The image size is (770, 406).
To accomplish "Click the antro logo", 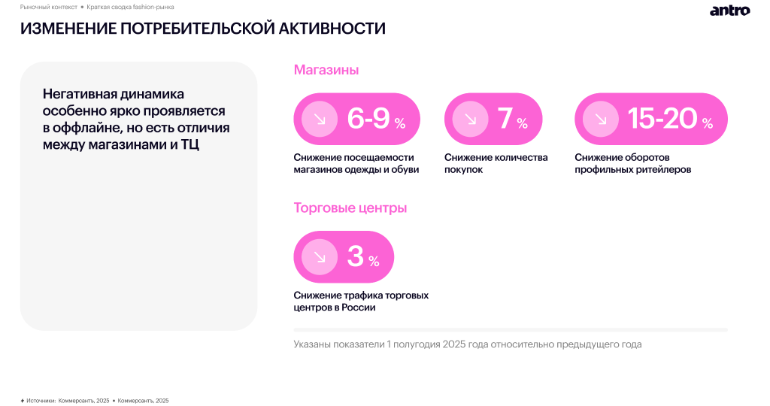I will (x=729, y=11).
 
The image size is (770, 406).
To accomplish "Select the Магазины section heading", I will (x=326, y=70).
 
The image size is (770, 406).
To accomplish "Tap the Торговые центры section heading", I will (x=350, y=208).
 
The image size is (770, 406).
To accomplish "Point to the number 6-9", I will (x=368, y=119).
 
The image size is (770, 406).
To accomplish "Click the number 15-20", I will (x=662, y=119).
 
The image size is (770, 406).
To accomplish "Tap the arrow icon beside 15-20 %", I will (x=600, y=119).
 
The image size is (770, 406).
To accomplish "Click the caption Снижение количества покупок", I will (x=496, y=163).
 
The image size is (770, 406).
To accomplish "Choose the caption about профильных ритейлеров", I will (x=632, y=163).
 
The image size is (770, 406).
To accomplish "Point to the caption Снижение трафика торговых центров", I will (x=361, y=301).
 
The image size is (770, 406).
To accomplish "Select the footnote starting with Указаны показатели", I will (x=467, y=344).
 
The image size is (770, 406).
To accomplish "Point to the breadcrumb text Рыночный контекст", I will (x=48, y=6).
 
